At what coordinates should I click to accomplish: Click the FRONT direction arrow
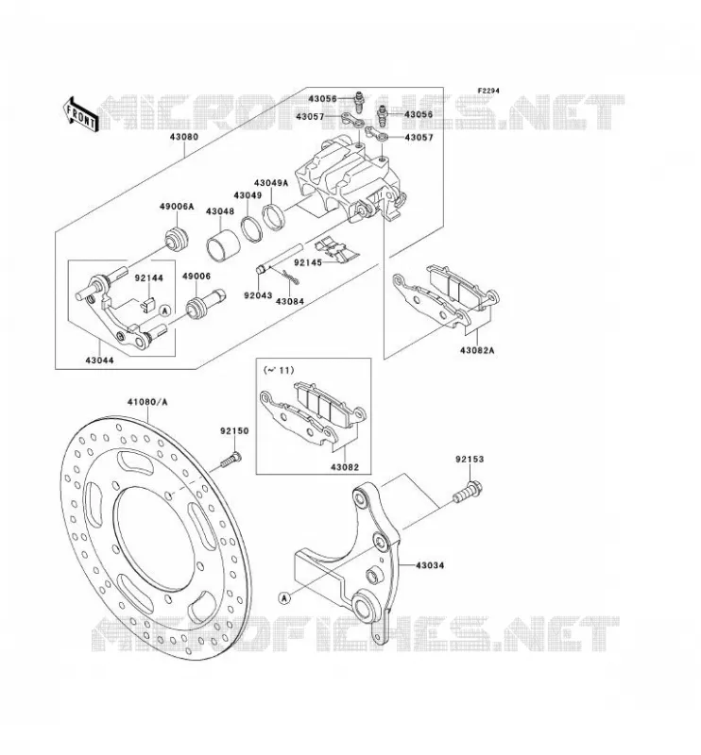click(x=80, y=114)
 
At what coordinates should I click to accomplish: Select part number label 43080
click(x=183, y=137)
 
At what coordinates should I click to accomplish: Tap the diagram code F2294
click(x=488, y=91)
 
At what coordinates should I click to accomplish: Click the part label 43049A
click(x=271, y=183)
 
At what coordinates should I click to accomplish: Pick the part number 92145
click(x=309, y=263)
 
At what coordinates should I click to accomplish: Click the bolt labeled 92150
click(x=231, y=460)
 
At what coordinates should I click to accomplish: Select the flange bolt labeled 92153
click(x=469, y=491)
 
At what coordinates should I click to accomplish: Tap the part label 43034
click(x=430, y=564)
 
